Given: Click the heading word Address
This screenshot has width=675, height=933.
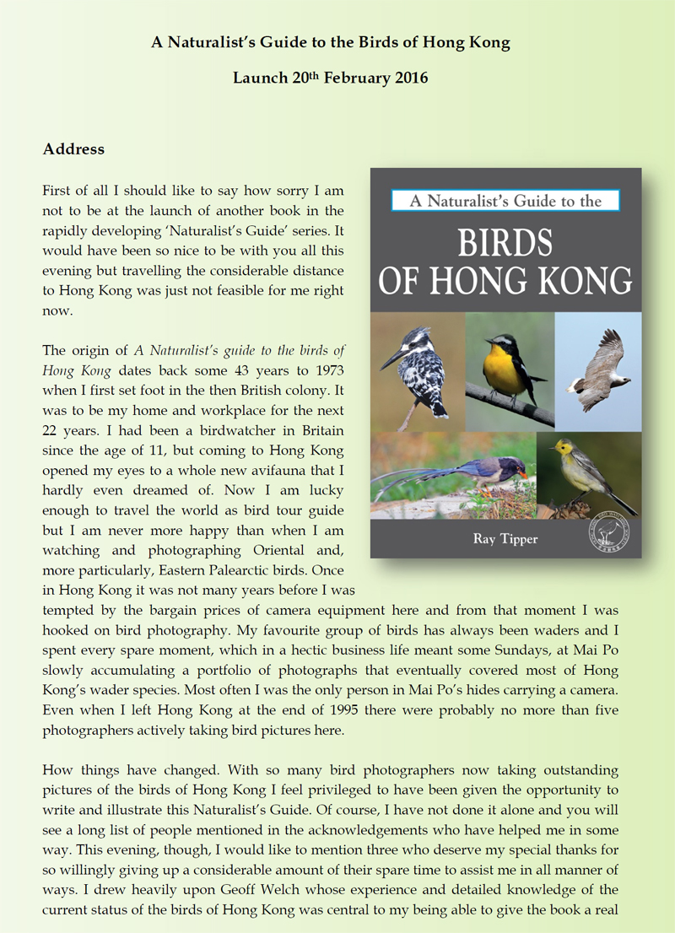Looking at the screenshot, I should [x=73, y=149].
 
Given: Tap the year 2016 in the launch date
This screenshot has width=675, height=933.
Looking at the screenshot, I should [x=411, y=78].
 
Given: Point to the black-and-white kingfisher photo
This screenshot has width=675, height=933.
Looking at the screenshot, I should [x=418, y=372].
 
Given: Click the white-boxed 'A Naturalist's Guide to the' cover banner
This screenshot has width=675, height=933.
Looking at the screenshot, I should [x=505, y=201].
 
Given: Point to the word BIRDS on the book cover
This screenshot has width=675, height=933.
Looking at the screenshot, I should [x=505, y=241].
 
